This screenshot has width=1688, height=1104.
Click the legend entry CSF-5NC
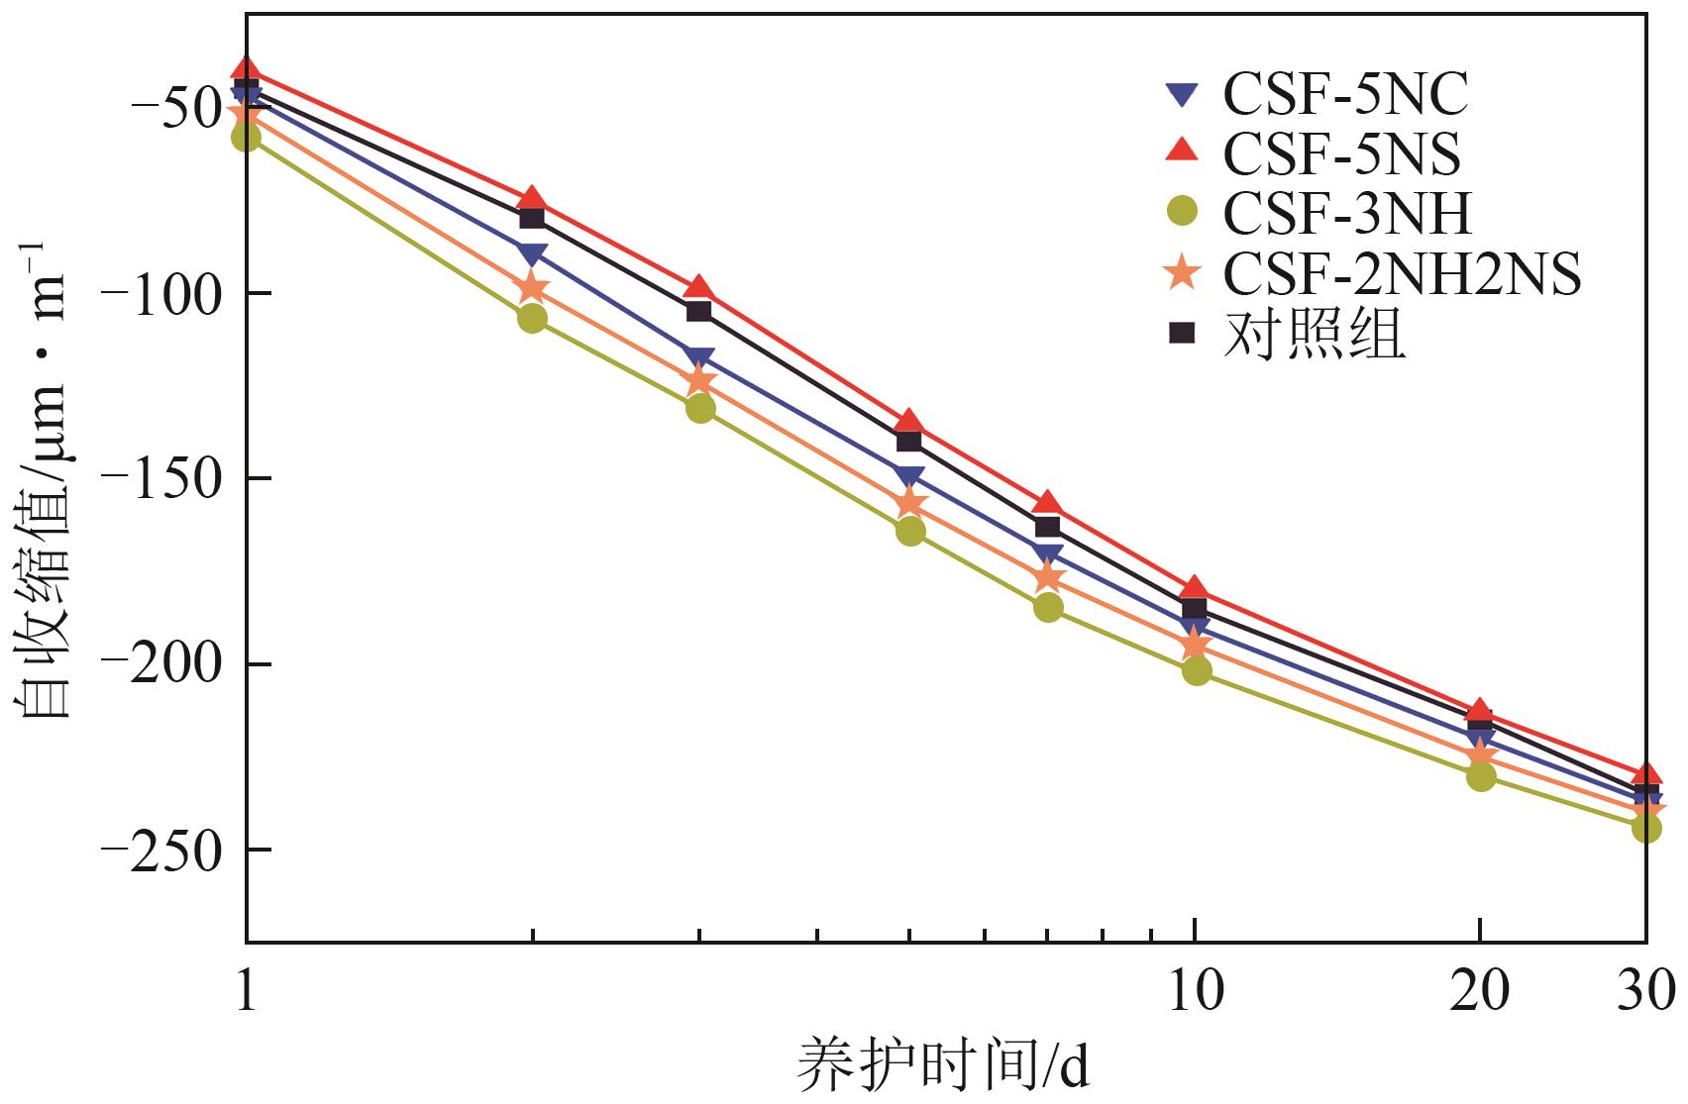[1344, 95]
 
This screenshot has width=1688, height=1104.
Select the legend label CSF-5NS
[1340, 153]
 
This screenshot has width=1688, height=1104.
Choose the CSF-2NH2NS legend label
[1402, 272]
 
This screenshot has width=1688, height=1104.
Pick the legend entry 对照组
[1314, 335]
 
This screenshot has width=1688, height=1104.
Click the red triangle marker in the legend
[1182, 151]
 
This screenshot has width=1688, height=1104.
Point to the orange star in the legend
[1182, 272]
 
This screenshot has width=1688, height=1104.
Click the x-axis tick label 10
[1196, 990]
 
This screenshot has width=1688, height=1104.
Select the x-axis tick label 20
[1479, 990]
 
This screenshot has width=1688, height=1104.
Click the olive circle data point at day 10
[1196, 670]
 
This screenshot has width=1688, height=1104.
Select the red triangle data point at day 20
[1479, 711]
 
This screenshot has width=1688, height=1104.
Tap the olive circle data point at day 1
[246, 137]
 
